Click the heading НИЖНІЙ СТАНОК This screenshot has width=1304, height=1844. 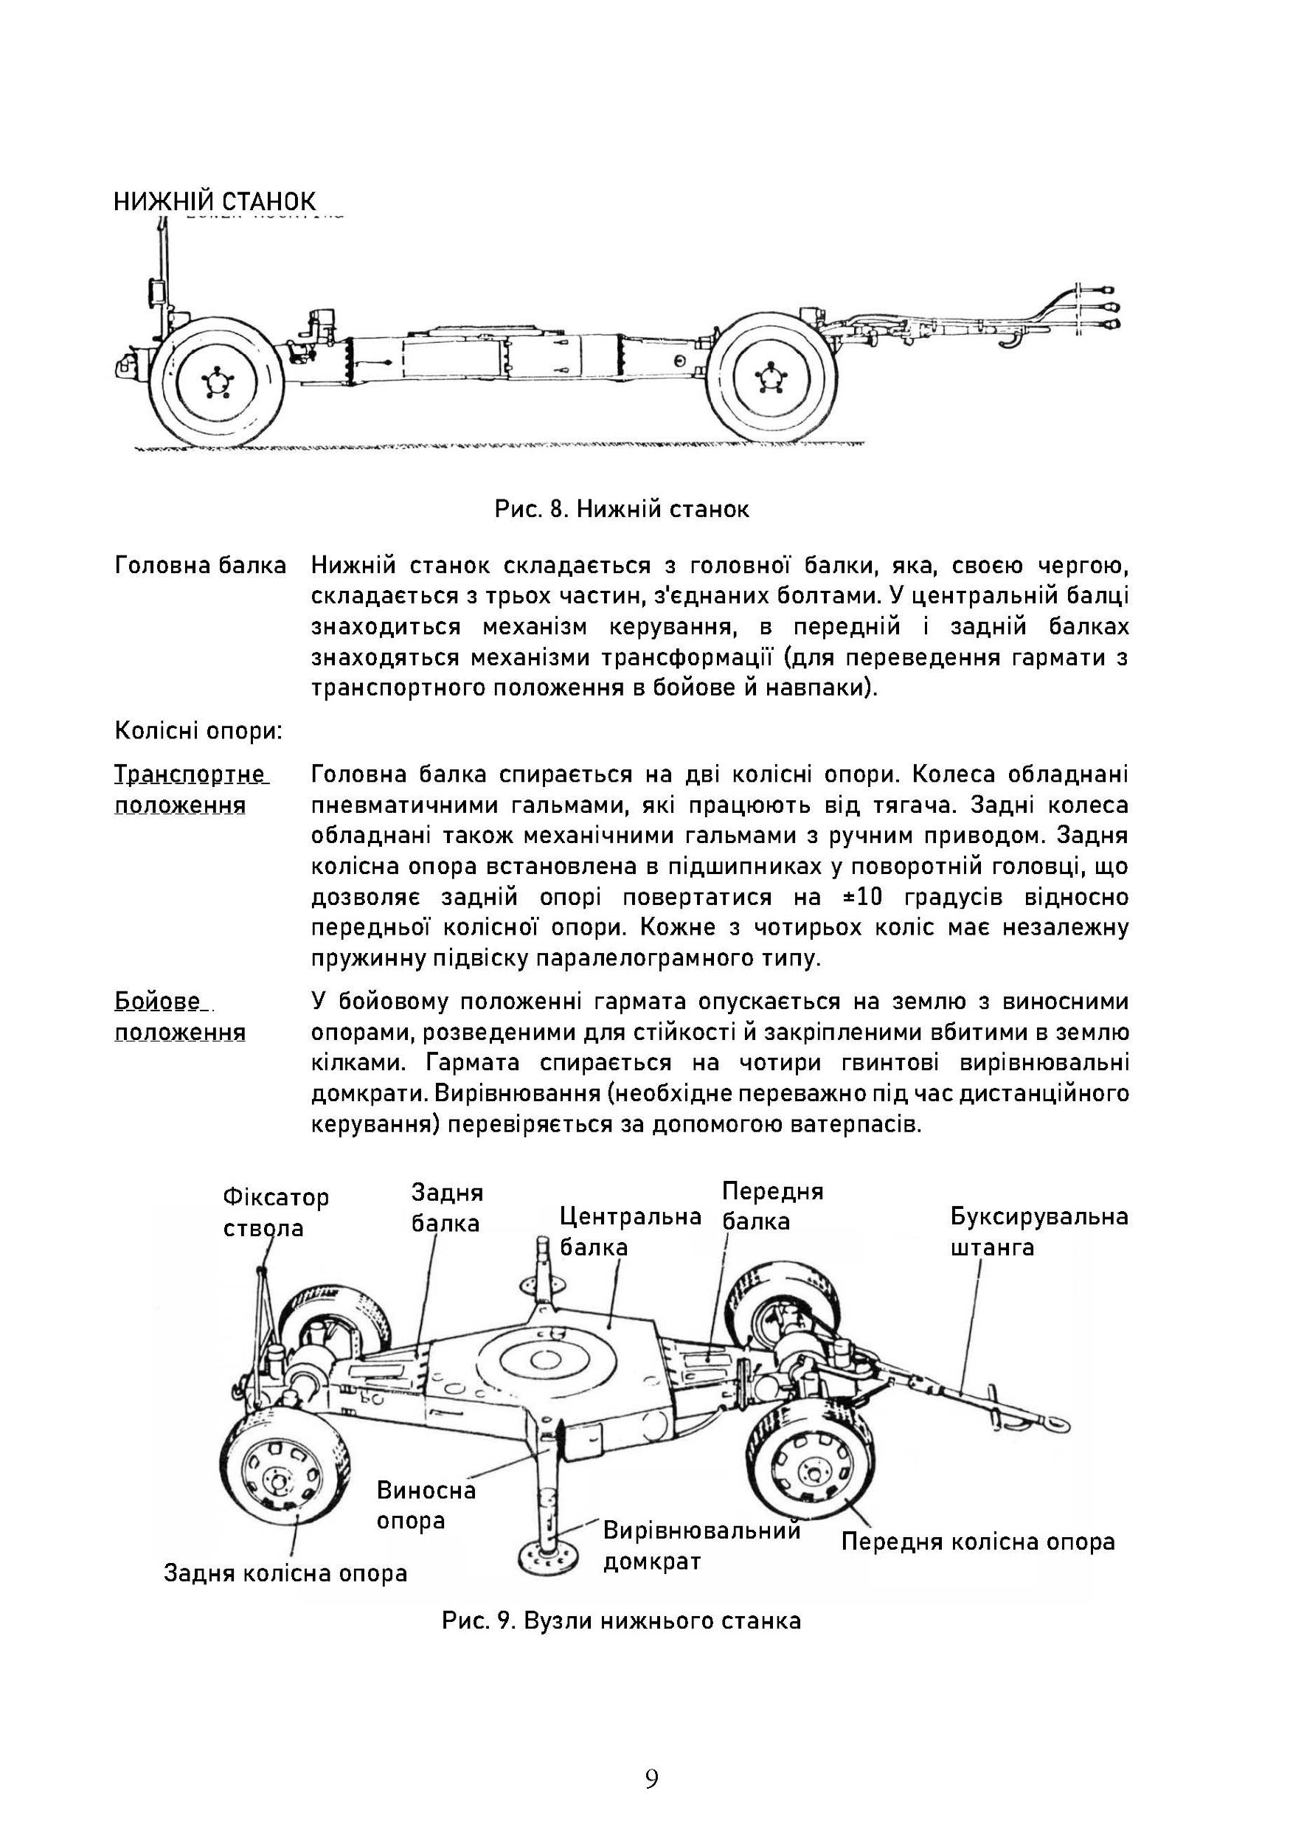215,201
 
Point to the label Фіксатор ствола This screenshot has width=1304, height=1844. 275,1213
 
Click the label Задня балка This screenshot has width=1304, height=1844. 446,1208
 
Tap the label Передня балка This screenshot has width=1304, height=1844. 772,1205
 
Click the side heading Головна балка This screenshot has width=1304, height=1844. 201,566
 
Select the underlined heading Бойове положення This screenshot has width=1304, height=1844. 180,1016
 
